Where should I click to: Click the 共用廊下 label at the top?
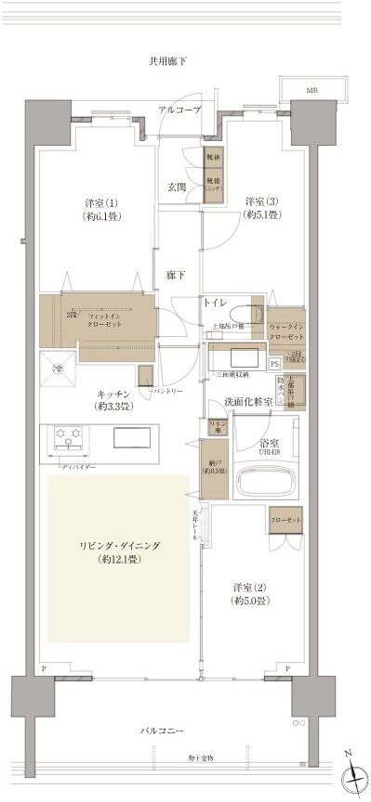(x=167, y=61)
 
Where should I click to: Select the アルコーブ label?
(x=179, y=110)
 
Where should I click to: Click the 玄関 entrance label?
(x=177, y=187)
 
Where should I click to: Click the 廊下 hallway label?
(x=176, y=275)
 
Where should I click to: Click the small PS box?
(x=274, y=364)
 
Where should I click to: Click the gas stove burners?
(x=69, y=435)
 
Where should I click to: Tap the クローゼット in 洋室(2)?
(x=286, y=523)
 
